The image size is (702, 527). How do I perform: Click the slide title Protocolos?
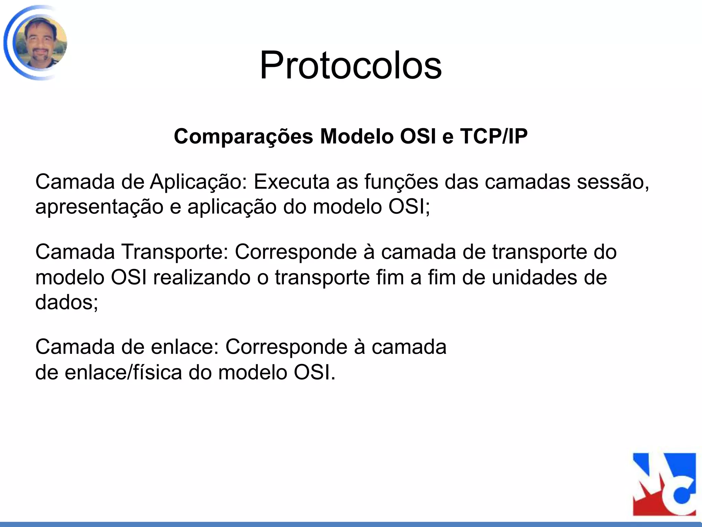click(351, 65)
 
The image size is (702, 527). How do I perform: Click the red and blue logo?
click(664, 484)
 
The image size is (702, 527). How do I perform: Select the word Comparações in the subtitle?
click(243, 137)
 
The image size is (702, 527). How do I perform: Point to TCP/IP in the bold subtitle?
click(494, 137)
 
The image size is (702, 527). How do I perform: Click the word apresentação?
click(99, 207)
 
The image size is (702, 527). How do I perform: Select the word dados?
click(67, 303)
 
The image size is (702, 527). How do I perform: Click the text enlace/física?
click(123, 373)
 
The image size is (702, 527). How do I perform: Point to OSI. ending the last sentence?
click(315, 373)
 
